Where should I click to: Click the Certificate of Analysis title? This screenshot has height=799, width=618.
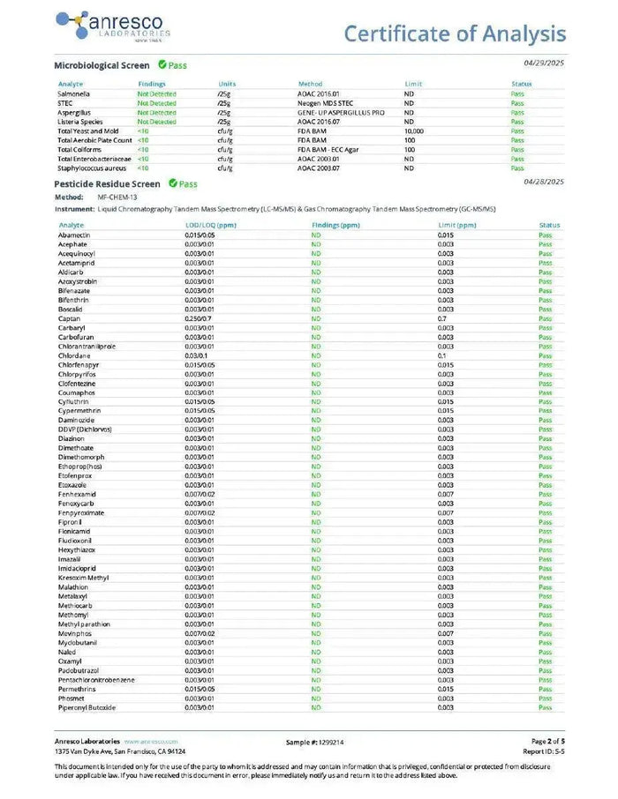[455, 34]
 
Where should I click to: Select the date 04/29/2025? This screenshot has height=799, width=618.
[543, 63]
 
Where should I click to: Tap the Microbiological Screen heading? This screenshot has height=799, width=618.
[102, 65]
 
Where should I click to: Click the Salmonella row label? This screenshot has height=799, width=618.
[73, 93]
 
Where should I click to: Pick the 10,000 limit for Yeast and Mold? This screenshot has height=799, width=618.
[414, 131]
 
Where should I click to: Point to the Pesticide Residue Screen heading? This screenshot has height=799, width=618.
[107, 184]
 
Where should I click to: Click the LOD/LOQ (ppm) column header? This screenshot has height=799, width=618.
[211, 225]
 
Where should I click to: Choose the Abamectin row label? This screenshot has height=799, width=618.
[74, 235]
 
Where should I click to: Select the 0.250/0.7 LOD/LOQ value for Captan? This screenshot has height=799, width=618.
[199, 318]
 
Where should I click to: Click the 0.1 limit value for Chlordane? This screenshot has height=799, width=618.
[442, 355]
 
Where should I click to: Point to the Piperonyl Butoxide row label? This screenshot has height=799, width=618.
[87, 707]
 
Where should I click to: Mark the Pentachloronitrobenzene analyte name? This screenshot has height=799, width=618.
[96, 679]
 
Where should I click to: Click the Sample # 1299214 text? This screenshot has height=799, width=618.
[315, 743]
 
